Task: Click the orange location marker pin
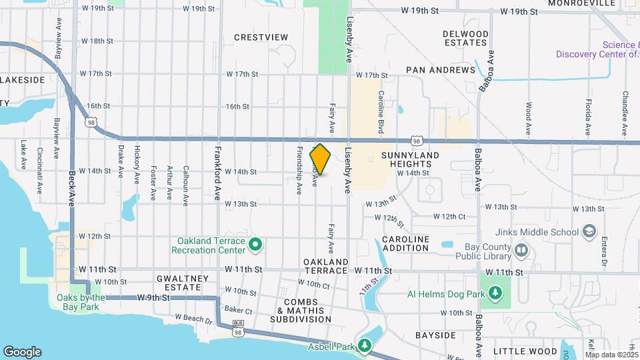[x=321, y=159]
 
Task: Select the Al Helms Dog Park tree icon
[x=495, y=293]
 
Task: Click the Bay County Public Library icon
[x=521, y=251]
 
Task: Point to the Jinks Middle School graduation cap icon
[x=589, y=231]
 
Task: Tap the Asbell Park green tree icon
[x=364, y=345]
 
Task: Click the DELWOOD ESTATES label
[x=465, y=38]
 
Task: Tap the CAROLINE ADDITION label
[x=405, y=243]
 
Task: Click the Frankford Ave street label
[x=217, y=174]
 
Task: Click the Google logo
[x=22, y=352]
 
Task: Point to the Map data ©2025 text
[x=612, y=355]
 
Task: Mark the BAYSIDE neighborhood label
[x=435, y=335]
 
